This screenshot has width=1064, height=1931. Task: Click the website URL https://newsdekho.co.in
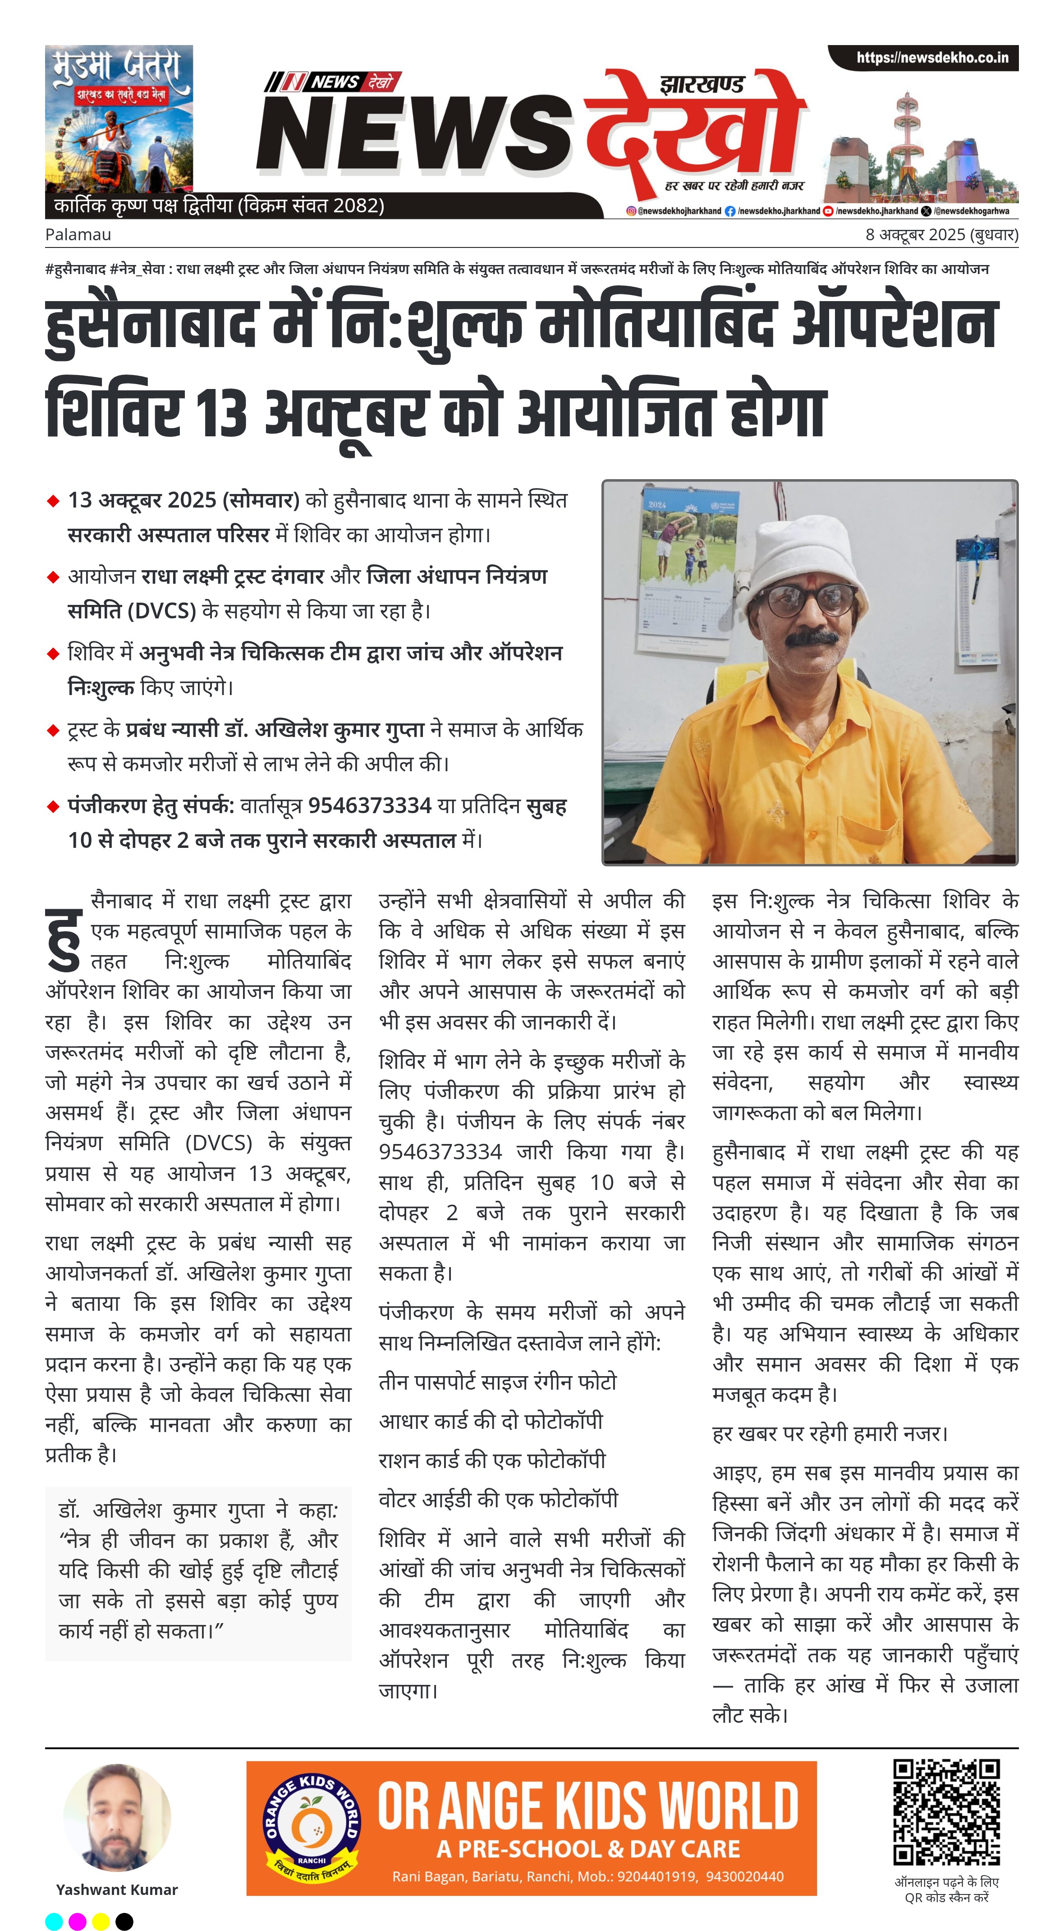[x=932, y=58]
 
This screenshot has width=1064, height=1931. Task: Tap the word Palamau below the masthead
[x=78, y=235]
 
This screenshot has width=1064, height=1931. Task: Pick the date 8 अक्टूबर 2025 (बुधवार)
[x=941, y=235]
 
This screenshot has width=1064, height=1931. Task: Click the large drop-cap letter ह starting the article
[x=63, y=938]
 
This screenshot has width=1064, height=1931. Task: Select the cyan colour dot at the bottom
[x=54, y=1921]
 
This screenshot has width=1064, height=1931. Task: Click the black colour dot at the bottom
[x=124, y=1921]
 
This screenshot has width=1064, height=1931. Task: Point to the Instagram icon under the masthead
[x=631, y=211]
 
